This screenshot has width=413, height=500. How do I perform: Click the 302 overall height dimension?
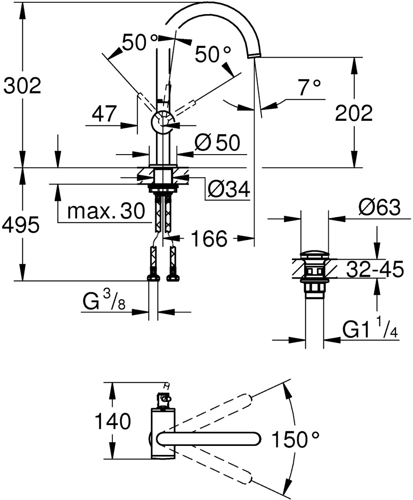pos(22,85)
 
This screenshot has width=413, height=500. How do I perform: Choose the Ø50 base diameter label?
pos(216,143)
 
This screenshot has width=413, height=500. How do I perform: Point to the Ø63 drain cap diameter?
pos(379,208)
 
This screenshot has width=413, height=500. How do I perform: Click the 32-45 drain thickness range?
pos(375,270)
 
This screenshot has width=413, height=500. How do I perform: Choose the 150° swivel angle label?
pos(295,439)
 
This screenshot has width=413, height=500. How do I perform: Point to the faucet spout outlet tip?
pos(255,55)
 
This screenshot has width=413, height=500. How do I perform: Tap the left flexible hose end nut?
pos(153,277)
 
